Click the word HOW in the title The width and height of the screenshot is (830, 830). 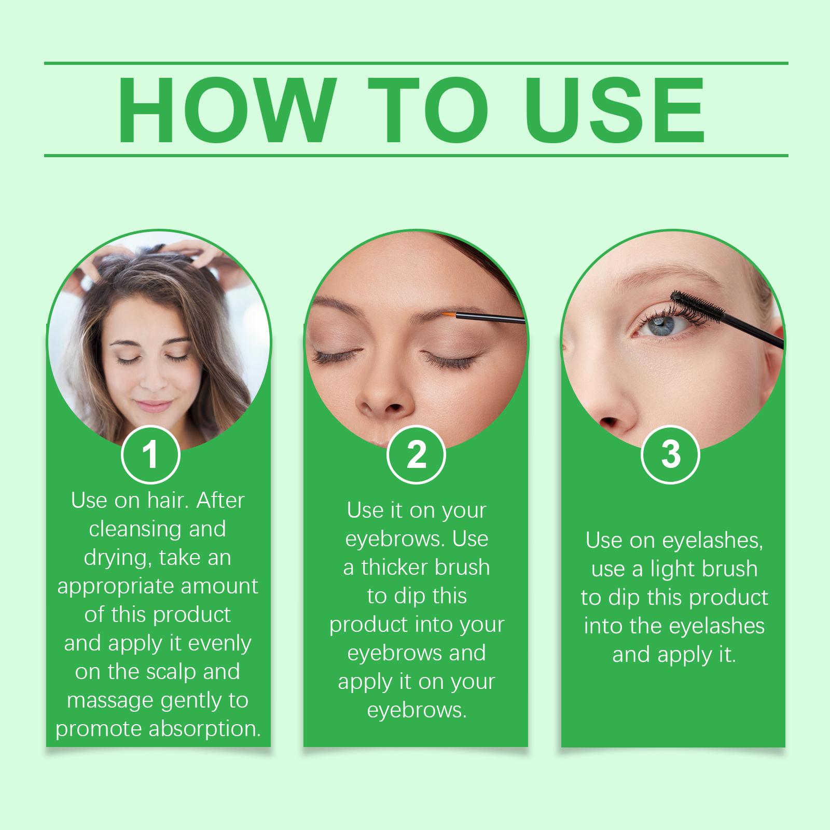[225, 111]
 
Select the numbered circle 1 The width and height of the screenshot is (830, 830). [150, 454]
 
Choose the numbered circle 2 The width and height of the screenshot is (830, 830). [416, 454]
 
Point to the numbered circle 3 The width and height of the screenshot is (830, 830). [671, 454]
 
